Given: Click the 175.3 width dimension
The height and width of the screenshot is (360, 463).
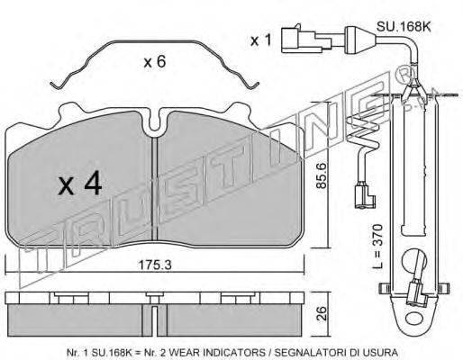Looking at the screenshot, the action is click(154, 265).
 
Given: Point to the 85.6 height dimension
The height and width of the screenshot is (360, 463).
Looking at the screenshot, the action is click(322, 175).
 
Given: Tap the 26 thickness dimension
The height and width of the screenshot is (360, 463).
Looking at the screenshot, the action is click(322, 313).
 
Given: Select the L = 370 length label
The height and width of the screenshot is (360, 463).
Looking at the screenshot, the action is click(379, 246).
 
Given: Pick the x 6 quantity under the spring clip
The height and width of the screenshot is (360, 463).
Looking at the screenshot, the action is click(154, 62).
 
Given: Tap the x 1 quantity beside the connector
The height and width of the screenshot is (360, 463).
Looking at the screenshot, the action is click(261, 40).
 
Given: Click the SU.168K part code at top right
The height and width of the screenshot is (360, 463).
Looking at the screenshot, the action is click(404, 27).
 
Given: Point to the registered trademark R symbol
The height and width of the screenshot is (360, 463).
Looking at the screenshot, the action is click(407, 75).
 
